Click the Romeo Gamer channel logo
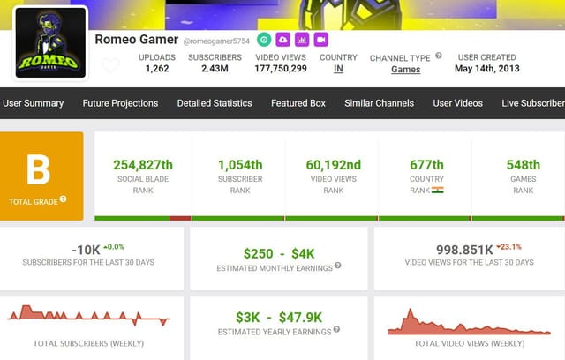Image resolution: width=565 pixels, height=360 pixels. (50, 43)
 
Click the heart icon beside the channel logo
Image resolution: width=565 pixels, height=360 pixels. (110, 65)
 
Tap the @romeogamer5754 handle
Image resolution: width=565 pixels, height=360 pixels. (216, 41)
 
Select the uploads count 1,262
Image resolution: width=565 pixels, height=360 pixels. (157, 69)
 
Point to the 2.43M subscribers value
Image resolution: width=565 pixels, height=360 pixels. (215, 69)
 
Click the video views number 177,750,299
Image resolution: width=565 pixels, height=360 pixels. (281, 69)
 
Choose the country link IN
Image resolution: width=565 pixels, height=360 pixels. (338, 69)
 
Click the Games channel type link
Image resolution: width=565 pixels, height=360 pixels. (406, 70)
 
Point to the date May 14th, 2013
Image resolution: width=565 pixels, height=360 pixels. (486, 69)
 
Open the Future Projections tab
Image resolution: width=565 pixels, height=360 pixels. (120, 103)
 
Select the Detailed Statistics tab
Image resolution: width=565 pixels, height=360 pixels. (215, 103)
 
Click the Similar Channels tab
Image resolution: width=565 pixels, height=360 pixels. (379, 103)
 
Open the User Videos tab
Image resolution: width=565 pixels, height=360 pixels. (457, 103)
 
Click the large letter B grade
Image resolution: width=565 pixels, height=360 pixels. (38, 167)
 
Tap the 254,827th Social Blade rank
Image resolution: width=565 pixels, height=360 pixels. (143, 165)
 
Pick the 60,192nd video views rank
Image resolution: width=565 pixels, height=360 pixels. (333, 165)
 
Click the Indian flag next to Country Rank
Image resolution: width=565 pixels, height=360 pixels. (438, 190)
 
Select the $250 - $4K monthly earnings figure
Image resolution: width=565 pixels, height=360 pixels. (279, 253)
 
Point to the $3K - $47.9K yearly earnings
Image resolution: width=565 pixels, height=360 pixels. (279, 317)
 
